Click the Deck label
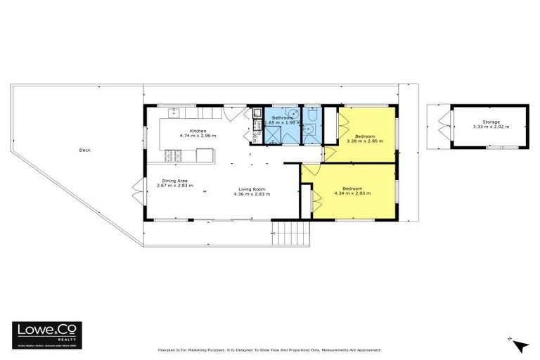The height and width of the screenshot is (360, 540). pyautogui.click(x=84, y=150)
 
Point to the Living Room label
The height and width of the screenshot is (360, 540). pyautogui.click(x=252, y=188)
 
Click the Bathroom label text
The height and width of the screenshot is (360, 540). pyautogui.click(x=283, y=118)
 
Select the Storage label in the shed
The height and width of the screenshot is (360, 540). pyautogui.click(x=491, y=122)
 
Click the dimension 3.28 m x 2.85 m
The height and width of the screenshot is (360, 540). pyautogui.click(x=364, y=141)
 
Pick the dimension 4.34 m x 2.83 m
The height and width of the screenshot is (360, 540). pyautogui.click(x=356, y=193)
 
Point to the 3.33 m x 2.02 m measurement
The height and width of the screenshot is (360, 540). pyautogui.click(x=491, y=127)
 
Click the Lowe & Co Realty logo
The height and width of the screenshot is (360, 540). pyautogui.click(x=46, y=334)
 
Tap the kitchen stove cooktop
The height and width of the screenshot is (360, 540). pyautogui.click(x=170, y=155)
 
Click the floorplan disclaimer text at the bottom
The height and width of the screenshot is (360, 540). pyautogui.click(x=269, y=349)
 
